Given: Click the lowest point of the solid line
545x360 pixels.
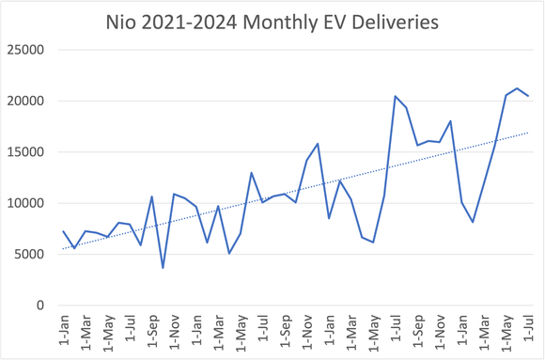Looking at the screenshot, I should click(x=163, y=268).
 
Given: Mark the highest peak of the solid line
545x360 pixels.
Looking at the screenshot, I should click(x=517, y=88).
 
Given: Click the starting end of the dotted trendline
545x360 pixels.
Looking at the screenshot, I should click(x=63, y=249).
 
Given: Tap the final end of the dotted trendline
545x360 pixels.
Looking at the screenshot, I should click(x=528, y=133).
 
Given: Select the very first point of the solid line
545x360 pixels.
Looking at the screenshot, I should click(x=63, y=231).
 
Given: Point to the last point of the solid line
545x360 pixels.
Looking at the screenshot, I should click(x=528, y=96).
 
